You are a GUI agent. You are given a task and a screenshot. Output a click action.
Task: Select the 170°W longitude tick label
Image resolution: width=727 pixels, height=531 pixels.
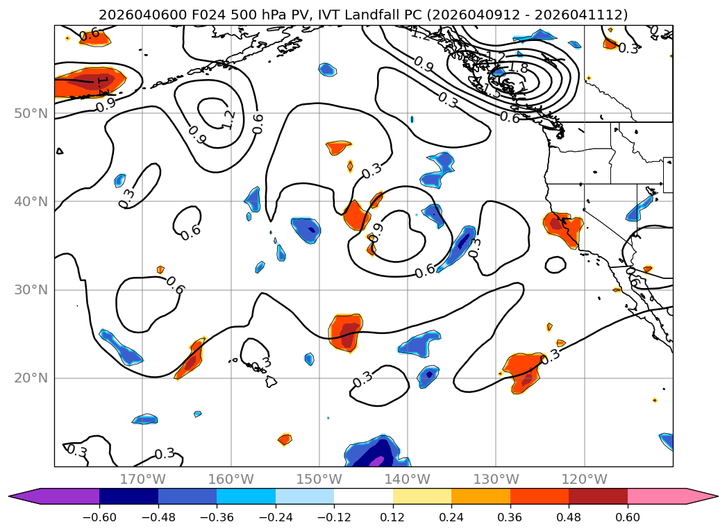[142, 479]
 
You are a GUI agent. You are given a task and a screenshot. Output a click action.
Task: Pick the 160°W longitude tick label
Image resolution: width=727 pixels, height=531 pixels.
[231, 479]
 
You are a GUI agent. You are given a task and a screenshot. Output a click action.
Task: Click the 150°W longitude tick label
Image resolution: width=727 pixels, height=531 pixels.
[319, 479]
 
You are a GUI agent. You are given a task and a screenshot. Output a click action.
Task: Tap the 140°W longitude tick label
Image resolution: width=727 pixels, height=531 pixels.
[407, 479]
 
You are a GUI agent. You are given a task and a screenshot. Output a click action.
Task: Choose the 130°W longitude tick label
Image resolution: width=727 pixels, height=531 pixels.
[495, 479]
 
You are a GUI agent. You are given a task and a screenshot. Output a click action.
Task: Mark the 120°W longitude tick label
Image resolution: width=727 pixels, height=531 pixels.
[583, 479]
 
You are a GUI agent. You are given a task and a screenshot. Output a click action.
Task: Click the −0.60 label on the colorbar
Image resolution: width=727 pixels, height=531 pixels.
[99, 518]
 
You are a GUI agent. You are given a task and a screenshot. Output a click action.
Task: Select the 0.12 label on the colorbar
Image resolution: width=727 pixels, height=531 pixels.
[392, 518]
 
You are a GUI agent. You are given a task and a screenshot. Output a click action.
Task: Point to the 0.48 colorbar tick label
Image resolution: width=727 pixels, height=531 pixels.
[569, 518]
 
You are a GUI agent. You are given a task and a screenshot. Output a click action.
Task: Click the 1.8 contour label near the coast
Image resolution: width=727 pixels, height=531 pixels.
[519, 68]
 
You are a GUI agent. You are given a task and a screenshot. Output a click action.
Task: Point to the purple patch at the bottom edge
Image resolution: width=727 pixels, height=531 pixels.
[376, 460]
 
